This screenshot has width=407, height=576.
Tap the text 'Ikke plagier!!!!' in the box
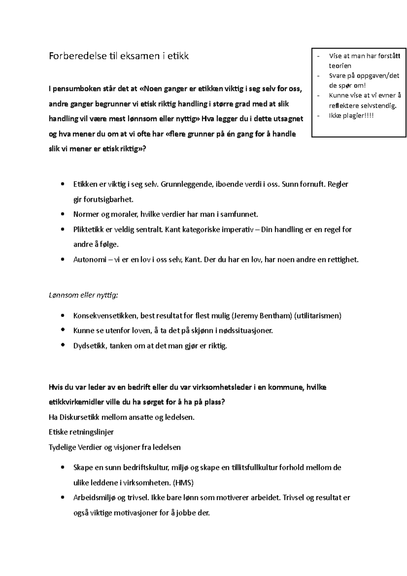click(x=351, y=116)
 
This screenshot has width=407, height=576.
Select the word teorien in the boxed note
click(x=340, y=66)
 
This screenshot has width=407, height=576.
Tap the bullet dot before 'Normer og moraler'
click(x=62, y=214)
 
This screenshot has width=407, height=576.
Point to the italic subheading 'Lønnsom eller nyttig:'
click(x=83, y=295)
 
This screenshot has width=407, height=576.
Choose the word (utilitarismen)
click(x=318, y=316)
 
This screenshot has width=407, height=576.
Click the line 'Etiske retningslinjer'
click(x=81, y=432)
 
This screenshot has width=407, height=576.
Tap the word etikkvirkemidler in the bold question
click(x=76, y=402)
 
